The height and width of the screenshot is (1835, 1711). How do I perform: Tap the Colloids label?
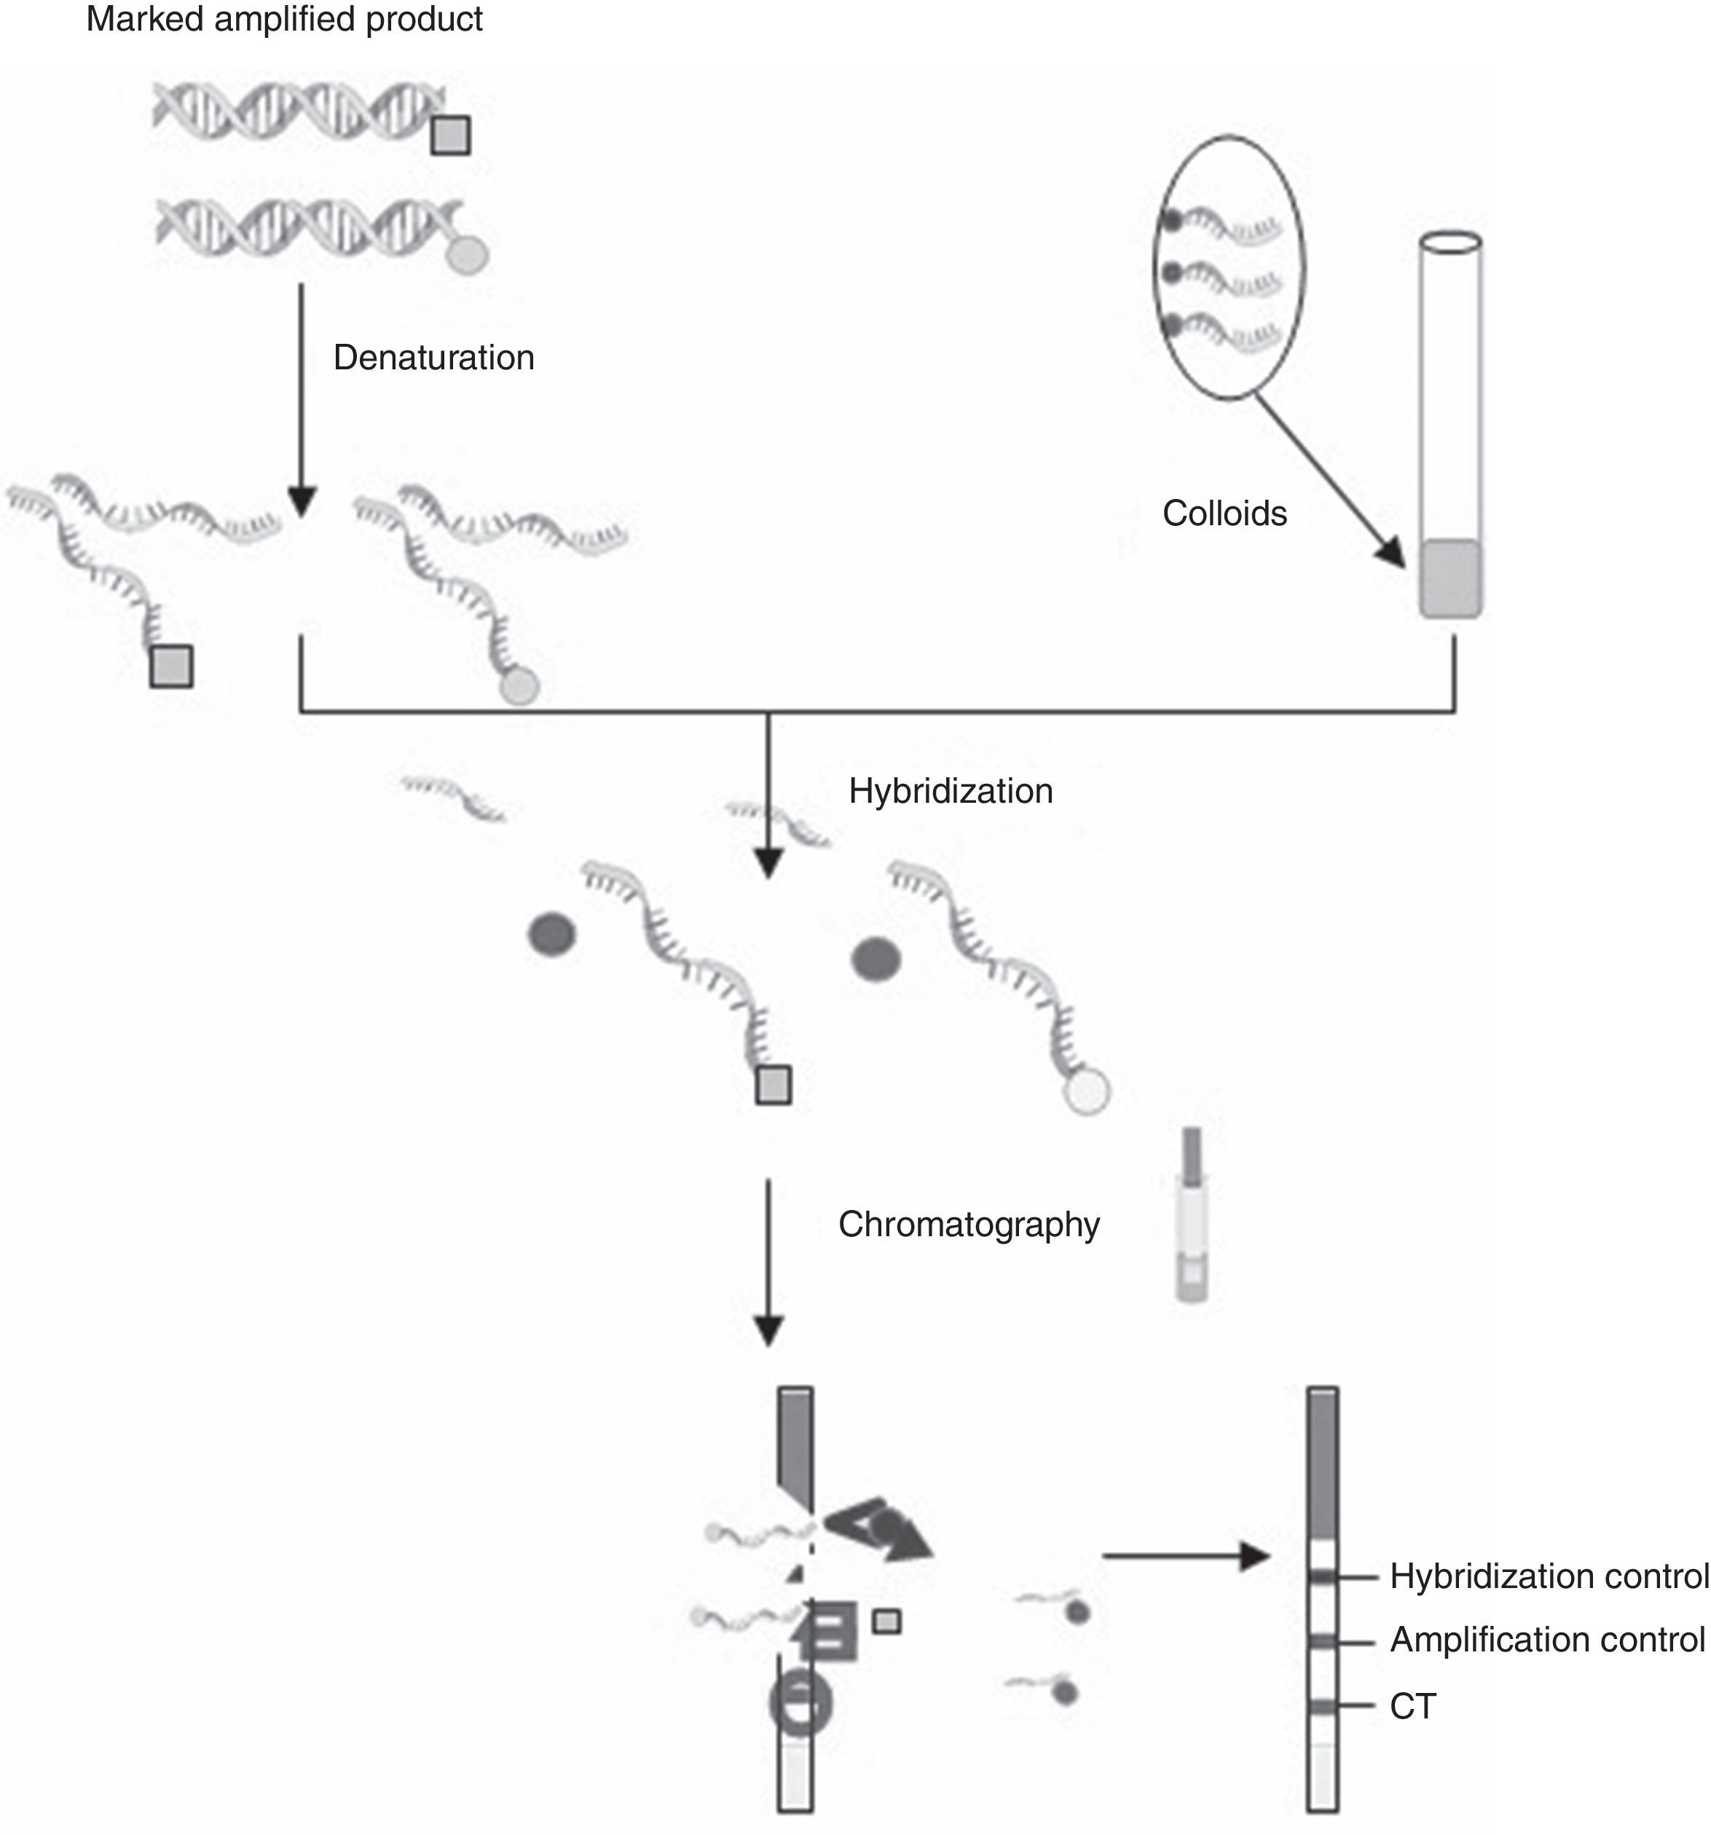pyautogui.click(x=1224, y=514)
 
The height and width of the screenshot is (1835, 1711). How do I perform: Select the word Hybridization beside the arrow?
pyautogui.click(x=951, y=791)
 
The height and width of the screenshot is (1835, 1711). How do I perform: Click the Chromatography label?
pyautogui.click(x=968, y=1225)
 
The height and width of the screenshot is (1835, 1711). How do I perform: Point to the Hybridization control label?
pyautogui.click(x=1549, y=1576)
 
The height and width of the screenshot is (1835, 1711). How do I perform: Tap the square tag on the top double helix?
pyautogui.click(x=450, y=135)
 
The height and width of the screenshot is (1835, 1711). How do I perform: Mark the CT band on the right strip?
pyautogui.click(x=1323, y=1707)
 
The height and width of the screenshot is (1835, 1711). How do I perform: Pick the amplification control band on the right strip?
pyautogui.click(x=1323, y=1641)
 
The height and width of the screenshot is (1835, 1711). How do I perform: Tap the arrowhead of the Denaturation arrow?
pyautogui.click(x=302, y=500)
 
